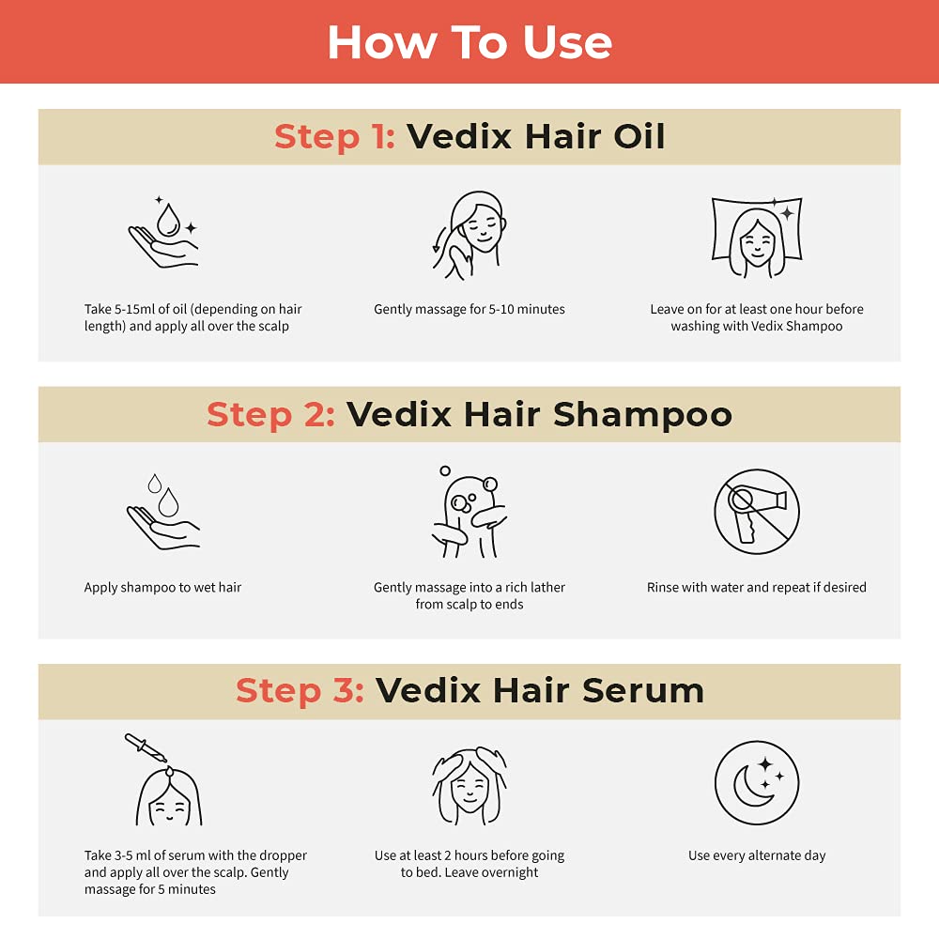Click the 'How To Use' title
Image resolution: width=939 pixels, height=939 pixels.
point(469,41)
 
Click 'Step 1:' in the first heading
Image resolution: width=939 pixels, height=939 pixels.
point(334,137)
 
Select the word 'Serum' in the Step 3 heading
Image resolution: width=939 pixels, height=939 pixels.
point(642,690)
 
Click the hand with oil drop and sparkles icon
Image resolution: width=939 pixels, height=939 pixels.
point(163,233)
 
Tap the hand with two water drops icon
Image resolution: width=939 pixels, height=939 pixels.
point(163,511)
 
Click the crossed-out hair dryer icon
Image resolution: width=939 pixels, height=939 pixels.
point(756,511)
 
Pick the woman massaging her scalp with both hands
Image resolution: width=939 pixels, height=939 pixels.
point(469,786)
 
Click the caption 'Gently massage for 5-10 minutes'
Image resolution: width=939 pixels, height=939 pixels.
point(469,309)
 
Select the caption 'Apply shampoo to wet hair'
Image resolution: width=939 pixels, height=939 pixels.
point(163,588)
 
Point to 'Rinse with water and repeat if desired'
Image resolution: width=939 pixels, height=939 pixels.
point(756,588)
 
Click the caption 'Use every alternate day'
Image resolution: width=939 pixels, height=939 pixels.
point(757,855)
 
